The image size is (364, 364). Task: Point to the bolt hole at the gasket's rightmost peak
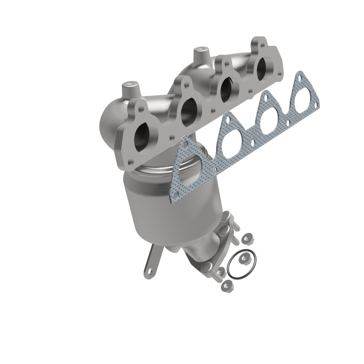299,77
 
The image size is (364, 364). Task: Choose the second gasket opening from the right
270,119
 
